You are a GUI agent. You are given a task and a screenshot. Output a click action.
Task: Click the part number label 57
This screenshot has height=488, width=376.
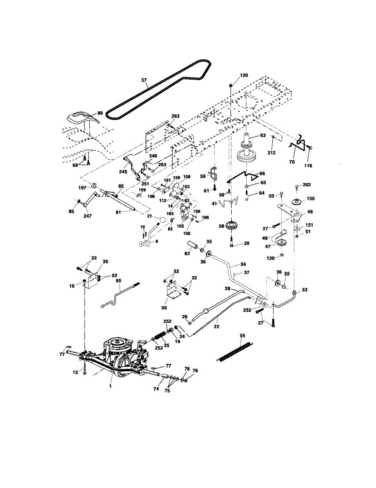click(x=144, y=80)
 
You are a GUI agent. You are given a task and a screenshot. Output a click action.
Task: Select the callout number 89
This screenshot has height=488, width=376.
click(x=100, y=113)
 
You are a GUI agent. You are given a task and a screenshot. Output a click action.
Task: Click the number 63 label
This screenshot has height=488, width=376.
click(x=263, y=135)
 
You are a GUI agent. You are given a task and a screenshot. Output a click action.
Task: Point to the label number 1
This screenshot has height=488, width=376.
click(x=110, y=386)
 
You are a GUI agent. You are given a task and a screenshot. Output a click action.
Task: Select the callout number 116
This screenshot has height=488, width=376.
click(x=308, y=166)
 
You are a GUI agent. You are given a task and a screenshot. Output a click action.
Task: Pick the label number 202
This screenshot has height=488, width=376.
click(x=306, y=185)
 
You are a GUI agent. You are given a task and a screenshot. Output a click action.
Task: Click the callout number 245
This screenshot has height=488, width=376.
click(x=123, y=172)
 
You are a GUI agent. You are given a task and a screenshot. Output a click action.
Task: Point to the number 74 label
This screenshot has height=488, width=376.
click(x=156, y=389)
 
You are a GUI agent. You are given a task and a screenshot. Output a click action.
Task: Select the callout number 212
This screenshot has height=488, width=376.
click(x=272, y=153)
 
